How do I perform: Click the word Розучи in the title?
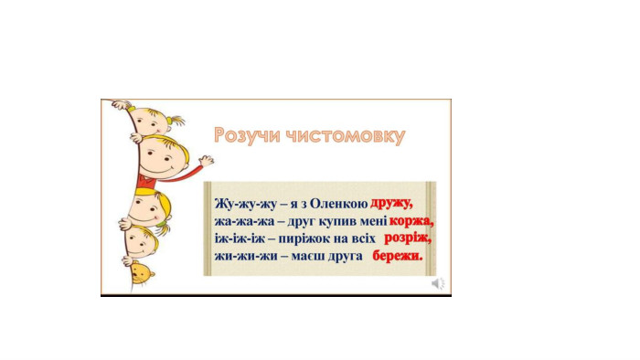248,135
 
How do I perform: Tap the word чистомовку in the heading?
345,136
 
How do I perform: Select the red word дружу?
391,203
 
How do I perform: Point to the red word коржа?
411,220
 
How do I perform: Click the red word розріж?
408,238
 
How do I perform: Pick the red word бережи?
398,256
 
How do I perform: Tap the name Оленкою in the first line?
339,204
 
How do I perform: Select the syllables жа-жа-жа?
244,221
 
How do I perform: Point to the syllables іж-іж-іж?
240,238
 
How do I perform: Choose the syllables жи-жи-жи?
244,256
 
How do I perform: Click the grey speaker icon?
438,283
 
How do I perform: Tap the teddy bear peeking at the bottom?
142,273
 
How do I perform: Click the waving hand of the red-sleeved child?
207,161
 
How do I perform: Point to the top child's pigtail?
176,121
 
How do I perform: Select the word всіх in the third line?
362,238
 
